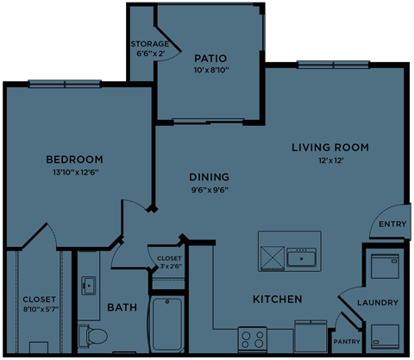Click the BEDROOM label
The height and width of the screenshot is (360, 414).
click(74, 160)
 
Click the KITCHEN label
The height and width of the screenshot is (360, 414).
click(277, 300)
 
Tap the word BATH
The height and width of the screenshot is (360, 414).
click(122, 307)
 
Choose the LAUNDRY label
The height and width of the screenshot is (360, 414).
click(378, 303)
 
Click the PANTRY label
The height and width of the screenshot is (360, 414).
click(347, 341)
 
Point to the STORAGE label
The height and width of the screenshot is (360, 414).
click(149, 43)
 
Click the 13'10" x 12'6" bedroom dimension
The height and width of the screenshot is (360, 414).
click(74, 173)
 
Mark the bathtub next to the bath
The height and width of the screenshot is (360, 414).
click(167, 325)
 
